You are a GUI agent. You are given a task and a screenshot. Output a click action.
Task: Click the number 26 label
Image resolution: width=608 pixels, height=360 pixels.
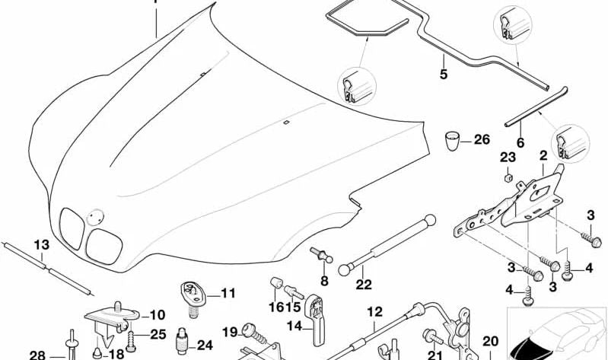tap(482, 139)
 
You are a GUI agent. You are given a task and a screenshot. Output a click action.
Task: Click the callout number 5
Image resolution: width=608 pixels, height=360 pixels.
tap(443, 74)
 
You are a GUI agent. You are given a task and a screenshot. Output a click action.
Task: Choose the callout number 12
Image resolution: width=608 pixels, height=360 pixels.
tap(374, 311)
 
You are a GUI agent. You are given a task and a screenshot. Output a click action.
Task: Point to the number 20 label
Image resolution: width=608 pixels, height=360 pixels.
tap(491, 341)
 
